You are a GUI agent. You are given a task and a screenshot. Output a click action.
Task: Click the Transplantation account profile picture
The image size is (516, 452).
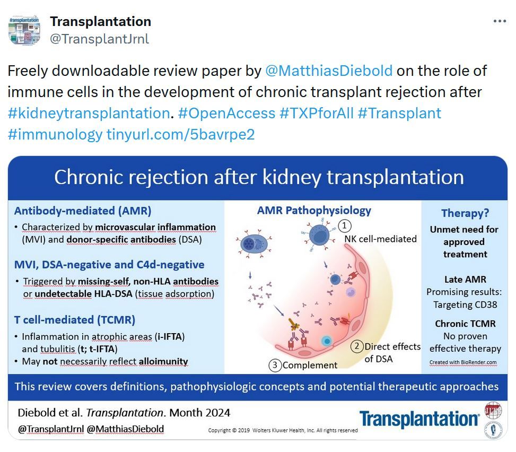(x=25, y=30)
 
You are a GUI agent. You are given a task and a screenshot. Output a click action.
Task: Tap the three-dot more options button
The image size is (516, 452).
(x=500, y=21)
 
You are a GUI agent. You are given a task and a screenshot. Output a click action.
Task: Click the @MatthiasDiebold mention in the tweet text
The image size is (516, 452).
(x=329, y=71)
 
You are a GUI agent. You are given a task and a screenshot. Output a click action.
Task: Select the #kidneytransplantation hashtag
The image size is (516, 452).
(x=89, y=113)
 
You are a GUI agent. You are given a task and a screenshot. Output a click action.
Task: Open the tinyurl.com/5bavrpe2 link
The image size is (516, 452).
(x=181, y=135)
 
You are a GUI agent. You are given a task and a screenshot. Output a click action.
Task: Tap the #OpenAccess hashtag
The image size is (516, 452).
(x=226, y=113)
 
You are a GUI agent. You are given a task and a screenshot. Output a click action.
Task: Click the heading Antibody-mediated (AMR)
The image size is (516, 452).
(x=83, y=211)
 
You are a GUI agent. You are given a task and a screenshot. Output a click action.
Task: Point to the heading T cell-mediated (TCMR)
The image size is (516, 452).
(x=75, y=320)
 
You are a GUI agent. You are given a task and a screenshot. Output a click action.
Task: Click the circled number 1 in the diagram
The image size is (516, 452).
(x=345, y=226)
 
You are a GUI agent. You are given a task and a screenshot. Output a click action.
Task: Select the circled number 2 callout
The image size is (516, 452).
(x=357, y=346)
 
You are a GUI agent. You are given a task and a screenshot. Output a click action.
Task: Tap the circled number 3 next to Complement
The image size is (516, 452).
(x=275, y=365)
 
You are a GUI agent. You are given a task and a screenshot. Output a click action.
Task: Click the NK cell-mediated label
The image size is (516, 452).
(x=380, y=239)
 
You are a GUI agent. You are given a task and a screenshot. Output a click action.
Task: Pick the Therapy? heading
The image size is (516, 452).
(x=465, y=213)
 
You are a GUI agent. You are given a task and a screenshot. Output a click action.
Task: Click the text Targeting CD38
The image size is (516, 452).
(x=465, y=305)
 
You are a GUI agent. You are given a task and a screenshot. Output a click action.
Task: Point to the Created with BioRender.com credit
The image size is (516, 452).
(x=463, y=362)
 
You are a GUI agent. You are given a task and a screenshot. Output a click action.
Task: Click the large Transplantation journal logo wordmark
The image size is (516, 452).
(x=419, y=419)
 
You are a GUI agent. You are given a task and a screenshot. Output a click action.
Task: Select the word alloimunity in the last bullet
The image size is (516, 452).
(x=163, y=361)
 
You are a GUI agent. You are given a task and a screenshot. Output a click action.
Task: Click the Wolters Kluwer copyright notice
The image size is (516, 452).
(x=283, y=430)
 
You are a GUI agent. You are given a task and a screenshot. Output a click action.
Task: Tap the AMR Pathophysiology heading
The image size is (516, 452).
(x=314, y=211)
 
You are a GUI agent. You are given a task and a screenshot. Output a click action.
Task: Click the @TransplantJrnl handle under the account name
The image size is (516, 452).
(x=99, y=39)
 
